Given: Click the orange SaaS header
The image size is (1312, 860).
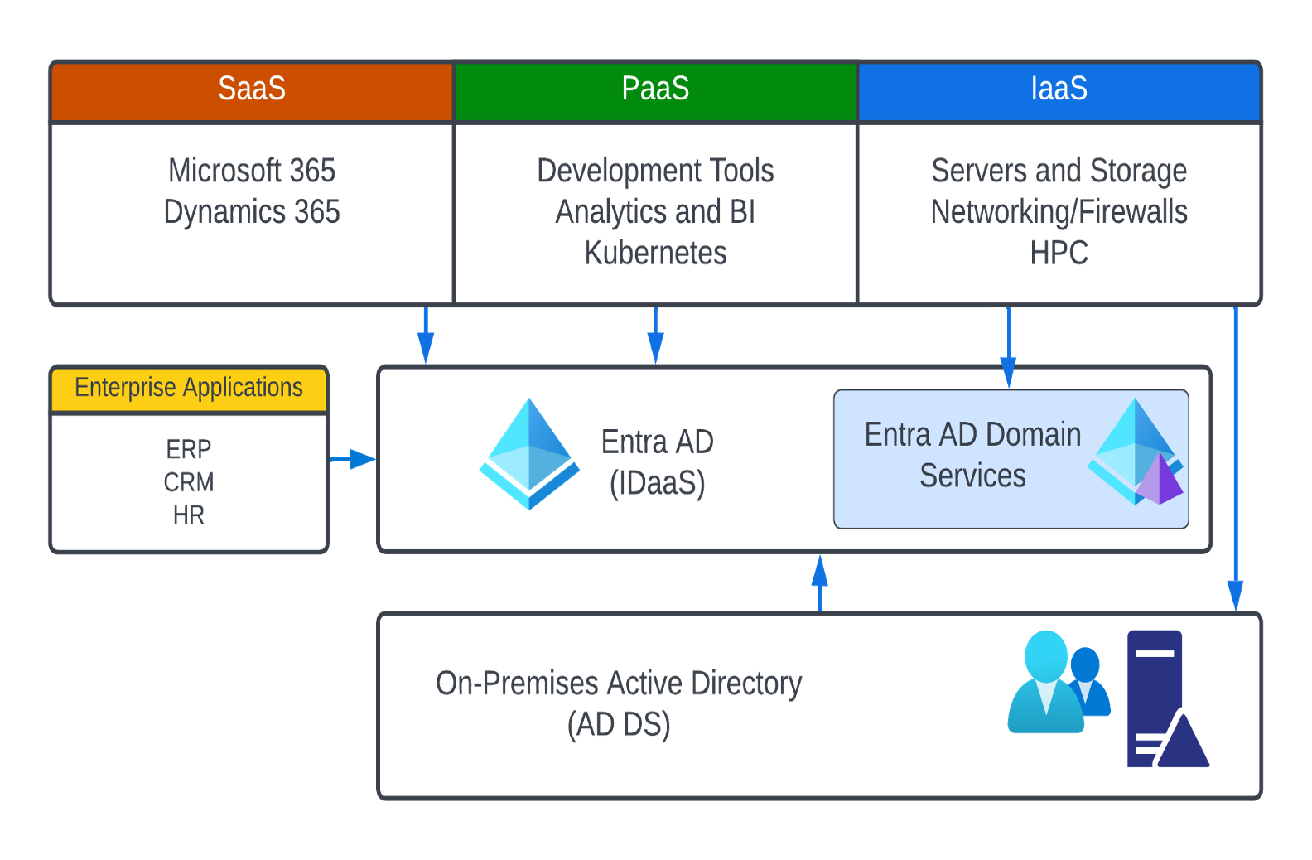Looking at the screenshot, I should (x=252, y=89).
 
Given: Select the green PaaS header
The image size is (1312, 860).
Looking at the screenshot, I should (x=655, y=89).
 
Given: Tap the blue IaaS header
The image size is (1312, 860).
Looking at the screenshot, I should (x=1059, y=89).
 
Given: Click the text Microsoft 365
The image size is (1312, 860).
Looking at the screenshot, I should (x=252, y=171).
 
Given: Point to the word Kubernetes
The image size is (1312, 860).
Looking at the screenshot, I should (x=655, y=253).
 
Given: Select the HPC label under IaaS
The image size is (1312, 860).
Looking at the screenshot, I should (x=1059, y=253).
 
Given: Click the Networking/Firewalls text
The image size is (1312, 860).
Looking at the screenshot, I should (x=1059, y=212).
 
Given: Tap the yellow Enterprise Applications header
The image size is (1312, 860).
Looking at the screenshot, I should (x=189, y=388).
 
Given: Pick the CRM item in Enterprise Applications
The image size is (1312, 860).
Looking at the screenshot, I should (x=189, y=482).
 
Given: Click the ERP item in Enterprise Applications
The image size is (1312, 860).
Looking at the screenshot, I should (x=189, y=449).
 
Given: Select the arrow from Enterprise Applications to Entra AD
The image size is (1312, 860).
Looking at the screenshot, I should (x=353, y=458).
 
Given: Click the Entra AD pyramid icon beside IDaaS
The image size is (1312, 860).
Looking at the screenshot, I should (x=529, y=454).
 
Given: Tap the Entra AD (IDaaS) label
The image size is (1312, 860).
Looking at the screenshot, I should (x=657, y=462).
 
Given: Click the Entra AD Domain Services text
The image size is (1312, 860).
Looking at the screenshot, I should (x=972, y=455).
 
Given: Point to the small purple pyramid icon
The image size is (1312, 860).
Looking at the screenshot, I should (x=1160, y=481).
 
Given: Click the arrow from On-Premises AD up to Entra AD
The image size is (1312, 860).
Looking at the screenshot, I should (x=820, y=582).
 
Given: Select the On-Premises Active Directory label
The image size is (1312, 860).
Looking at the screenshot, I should (x=619, y=703).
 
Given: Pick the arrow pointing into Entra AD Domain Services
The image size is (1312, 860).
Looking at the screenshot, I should (x=1008, y=348).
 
